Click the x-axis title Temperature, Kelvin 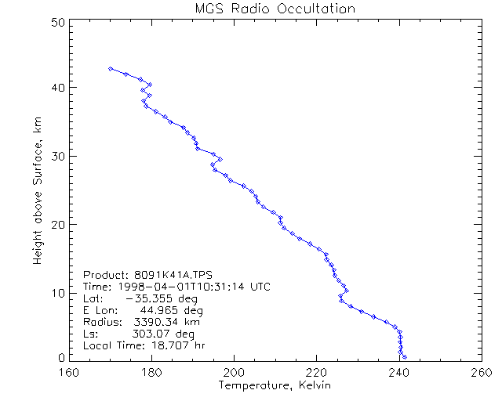(275, 385)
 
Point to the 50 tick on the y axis (57, 23)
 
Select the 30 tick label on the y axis (57, 155)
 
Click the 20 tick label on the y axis (57, 224)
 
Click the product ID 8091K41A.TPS (169, 276)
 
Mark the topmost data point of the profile (111, 69)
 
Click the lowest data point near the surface (405, 357)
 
